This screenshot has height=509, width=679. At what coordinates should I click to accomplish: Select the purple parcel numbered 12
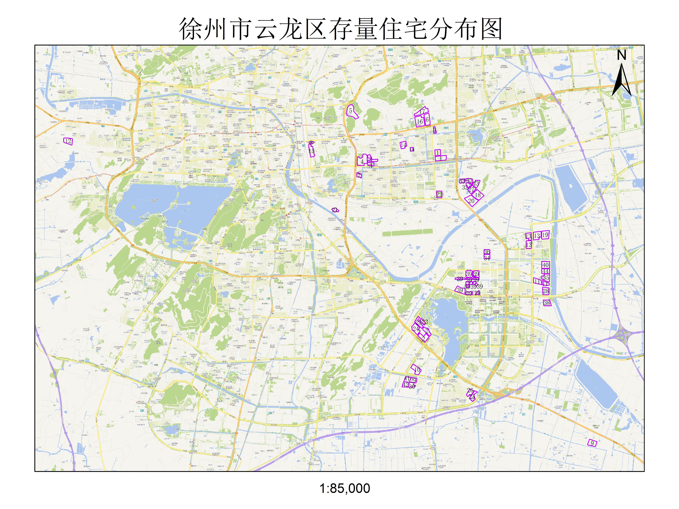(68, 141)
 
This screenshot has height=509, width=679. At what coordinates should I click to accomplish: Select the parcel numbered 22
(439, 195)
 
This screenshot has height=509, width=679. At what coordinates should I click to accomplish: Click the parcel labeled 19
(545, 235)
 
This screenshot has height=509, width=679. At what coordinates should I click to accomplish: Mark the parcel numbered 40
(545, 265)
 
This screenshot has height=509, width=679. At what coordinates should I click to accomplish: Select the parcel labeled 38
(547, 303)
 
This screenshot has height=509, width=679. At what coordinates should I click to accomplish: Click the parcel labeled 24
(416, 329)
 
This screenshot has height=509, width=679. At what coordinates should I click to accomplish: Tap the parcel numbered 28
(546, 291)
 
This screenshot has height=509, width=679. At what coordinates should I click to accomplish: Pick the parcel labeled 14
(403, 145)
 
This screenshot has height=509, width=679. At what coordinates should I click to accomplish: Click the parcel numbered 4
(362, 161)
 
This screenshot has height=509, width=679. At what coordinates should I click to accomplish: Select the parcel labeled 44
(545, 271)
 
